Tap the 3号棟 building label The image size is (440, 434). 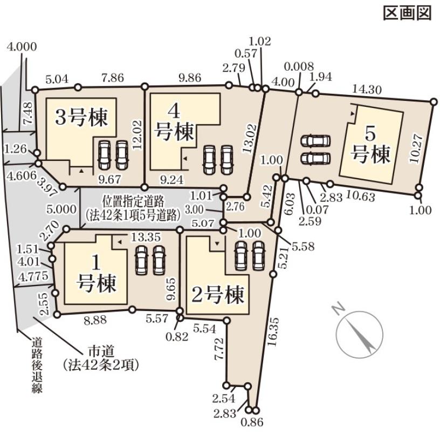[82, 117]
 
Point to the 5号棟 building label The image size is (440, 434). [370, 145]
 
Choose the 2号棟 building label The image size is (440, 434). [218, 295]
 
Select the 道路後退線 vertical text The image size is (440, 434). [37, 365]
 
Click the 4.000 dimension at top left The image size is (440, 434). [22, 47]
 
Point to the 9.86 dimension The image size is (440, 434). [185, 78]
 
